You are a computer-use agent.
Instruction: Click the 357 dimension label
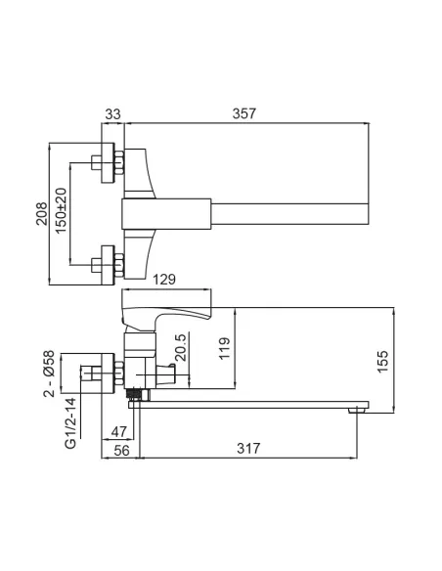pyautogui.click(x=244, y=113)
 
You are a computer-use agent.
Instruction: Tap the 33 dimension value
pyautogui.click(x=112, y=114)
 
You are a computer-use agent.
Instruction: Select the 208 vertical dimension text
pyautogui.click(x=42, y=213)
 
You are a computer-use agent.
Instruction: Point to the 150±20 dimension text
pyautogui.click(x=62, y=211)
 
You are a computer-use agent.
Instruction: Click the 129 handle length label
pyautogui.click(x=164, y=280)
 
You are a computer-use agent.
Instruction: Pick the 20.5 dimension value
pyautogui.click(x=181, y=347)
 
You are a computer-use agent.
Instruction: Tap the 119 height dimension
pyautogui.click(x=224, y=348)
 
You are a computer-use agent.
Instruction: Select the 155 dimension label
pyautogui.click(x=382, y=362)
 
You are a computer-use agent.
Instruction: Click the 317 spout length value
pyautogui.click(x=248, y=448)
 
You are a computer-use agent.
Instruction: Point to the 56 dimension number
pyautogui.click(x=121, y=451)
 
